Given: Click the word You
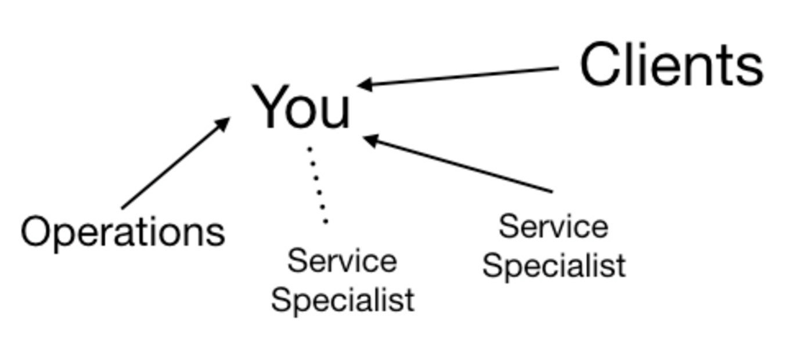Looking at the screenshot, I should point(301,108).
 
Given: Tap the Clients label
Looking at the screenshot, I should point(671,65).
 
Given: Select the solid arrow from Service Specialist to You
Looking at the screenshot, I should point(459,164).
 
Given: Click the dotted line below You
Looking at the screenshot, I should point(318,185).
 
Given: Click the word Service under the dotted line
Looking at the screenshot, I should point(342,261).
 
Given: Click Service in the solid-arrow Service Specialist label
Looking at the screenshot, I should point(553,226).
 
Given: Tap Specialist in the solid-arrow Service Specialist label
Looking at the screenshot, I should point(554,266).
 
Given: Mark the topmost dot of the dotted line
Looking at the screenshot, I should point(309,149).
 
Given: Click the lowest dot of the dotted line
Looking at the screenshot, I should point(326,221).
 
